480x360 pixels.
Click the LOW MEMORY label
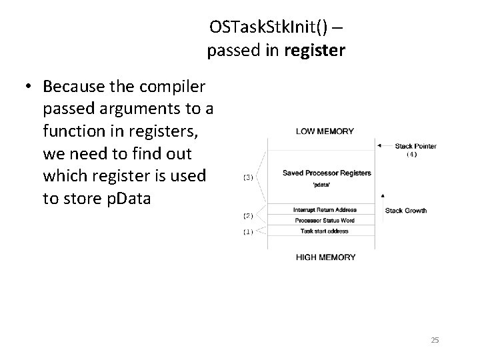[x=325, y=131]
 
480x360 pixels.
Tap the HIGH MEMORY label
[x=325, y=257]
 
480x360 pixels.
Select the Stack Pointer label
[x=415, y=145]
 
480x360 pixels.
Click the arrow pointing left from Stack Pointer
[x=385, y=145]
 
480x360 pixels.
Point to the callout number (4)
[x=412, y=155]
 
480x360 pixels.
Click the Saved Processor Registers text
[x=327, y=173]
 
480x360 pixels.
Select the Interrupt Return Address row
[x=325, y=210]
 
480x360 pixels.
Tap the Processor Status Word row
[x=325, y=220]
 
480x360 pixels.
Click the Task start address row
[x=325, y=231]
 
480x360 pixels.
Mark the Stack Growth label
[x=406, y=211]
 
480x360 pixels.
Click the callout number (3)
[x=247, y=177]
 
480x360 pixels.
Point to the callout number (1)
[x=247, y=232]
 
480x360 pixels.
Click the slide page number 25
[x=435, y=341]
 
